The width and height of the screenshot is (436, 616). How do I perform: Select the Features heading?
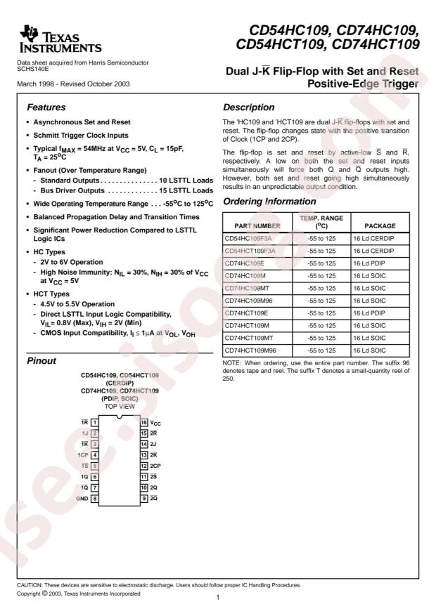tap(47, 109)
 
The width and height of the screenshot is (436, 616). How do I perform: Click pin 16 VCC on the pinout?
tap(150, 422)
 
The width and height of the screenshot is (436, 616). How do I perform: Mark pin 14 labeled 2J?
tap(149, 444)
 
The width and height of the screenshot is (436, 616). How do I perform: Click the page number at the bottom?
tap(219, 597)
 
